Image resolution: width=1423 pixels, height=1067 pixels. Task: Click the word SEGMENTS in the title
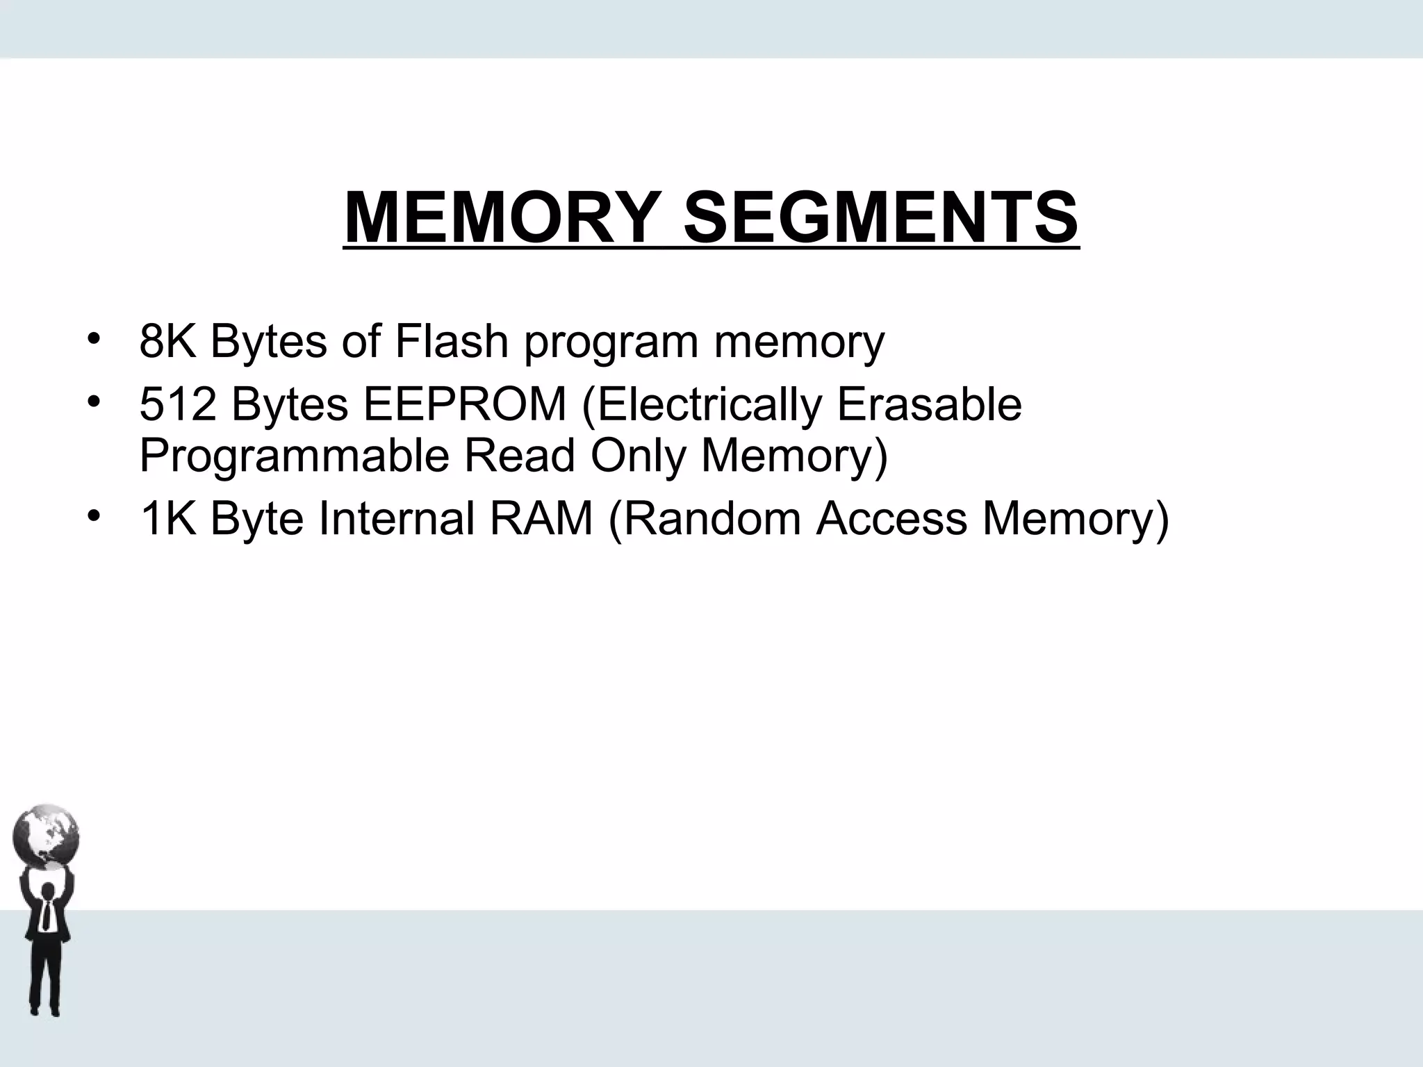click(x=880, y=217)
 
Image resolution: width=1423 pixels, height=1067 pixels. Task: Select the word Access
click(x=891, y=518)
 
